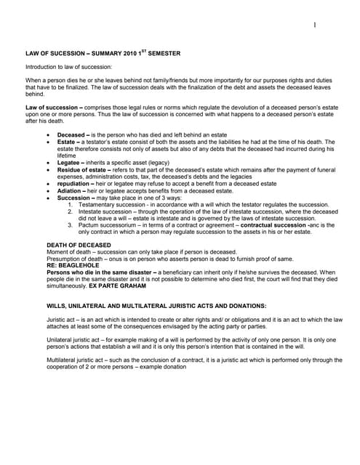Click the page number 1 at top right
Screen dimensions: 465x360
coord(315,25)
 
